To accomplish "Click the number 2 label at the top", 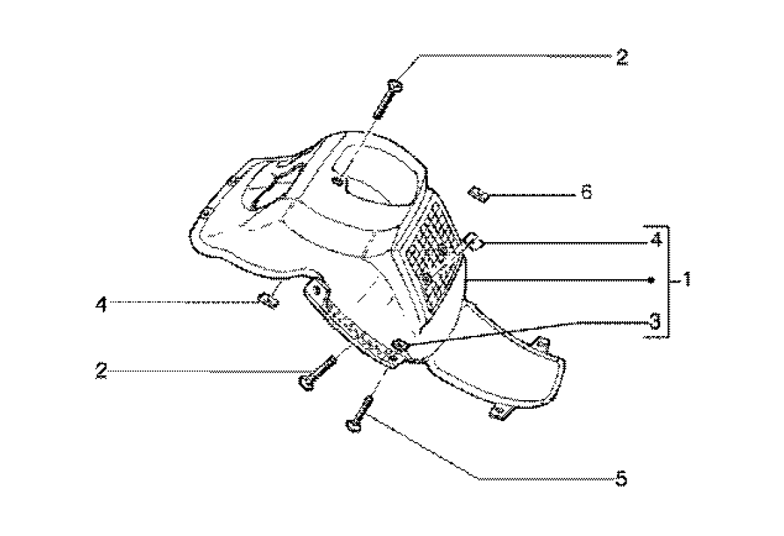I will point(621,57).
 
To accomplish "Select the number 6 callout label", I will point(586,193).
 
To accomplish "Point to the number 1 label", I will point(685,278).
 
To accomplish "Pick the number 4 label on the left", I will point(101,306).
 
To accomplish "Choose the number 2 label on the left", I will point(101,371).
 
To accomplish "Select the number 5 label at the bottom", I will point(621,479).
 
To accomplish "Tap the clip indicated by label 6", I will point(479,195).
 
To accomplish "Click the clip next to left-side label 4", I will point(270,299).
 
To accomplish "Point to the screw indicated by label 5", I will point(360,412).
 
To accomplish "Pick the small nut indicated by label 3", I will point(400,345).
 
